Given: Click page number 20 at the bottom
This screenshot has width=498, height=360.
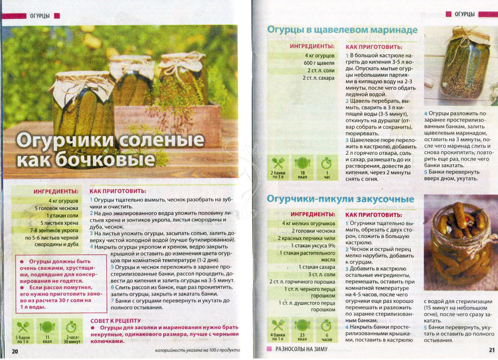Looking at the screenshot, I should [15, 351].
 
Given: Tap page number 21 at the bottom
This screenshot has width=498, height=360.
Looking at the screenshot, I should [491, 350].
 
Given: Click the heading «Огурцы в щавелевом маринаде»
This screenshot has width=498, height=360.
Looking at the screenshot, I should [342, 30].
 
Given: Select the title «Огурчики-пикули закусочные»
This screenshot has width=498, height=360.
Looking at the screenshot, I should [340, 199].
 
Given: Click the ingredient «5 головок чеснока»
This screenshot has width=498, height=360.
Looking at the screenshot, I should [56, 208].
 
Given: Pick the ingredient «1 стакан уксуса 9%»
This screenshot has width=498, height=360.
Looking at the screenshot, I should [313, 246].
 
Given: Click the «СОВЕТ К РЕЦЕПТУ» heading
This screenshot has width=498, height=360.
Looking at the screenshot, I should [116, 321].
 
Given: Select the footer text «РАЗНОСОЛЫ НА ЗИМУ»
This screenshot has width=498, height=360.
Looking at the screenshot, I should [301, 349].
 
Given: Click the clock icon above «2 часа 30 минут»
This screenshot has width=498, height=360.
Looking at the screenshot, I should [71, 327].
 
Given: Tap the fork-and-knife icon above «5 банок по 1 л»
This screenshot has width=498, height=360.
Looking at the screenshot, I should [23, 327].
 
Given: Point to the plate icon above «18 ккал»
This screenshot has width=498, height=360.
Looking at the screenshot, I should [302, 163].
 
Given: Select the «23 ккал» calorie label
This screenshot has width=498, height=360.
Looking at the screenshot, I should [302, 337].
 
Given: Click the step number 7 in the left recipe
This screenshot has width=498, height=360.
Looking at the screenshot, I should [112, 301].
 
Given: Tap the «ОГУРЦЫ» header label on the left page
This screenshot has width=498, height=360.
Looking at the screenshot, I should [39, 16].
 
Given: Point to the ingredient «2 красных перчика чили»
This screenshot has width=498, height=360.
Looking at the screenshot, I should [306, 238].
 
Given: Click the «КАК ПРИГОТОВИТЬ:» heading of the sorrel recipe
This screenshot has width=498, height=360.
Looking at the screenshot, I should [374, 47].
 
